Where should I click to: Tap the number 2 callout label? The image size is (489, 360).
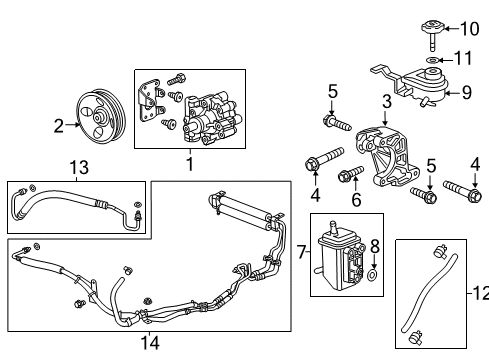[x=58, y=125]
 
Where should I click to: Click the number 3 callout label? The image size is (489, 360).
[x=386, y=100]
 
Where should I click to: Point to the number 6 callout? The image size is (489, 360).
[x=356, y=201]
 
